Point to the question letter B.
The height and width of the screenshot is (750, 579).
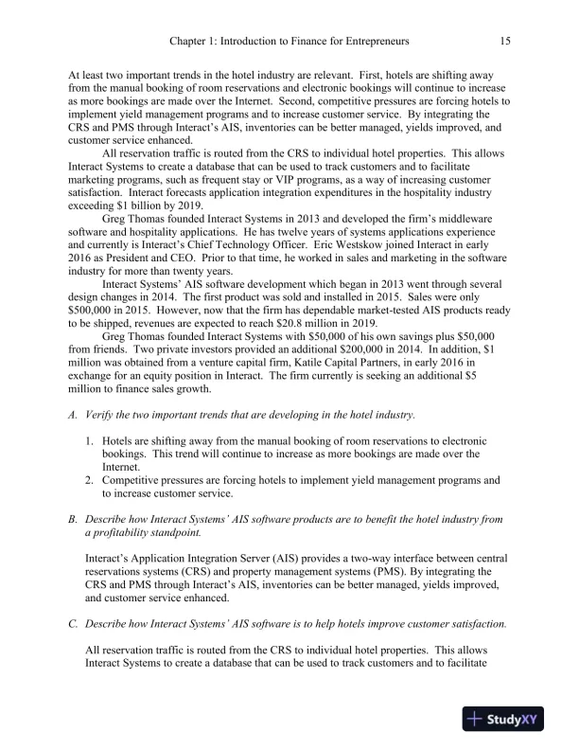point(73,519)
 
